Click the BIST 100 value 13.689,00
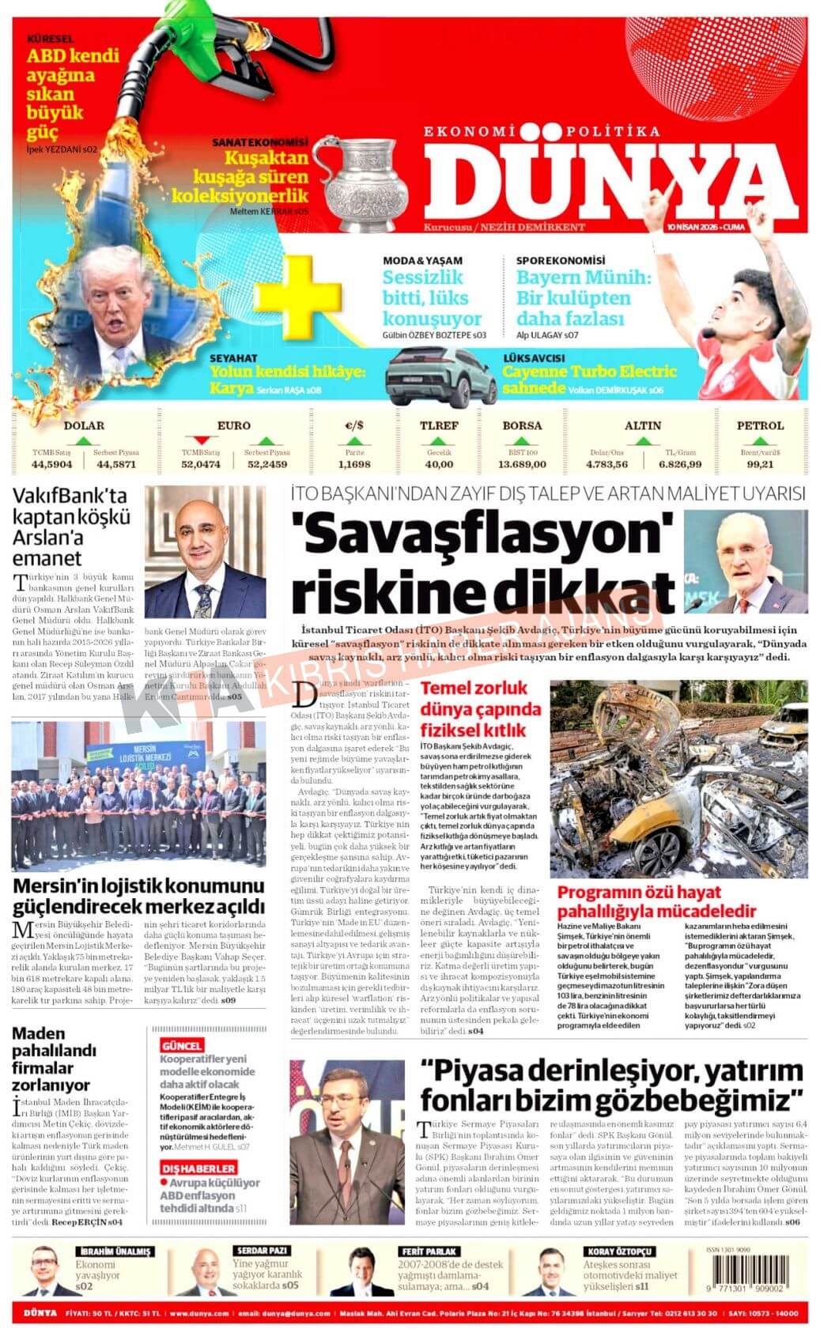tap(522, 464)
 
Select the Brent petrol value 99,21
tap(759, 464)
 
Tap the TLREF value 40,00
tap(440, 464)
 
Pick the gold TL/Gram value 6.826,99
tap(681, 464)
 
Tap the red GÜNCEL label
tap(182, 1046)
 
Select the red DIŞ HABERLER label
tap(198, 1168)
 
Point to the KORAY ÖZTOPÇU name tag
tap(619, 1251)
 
